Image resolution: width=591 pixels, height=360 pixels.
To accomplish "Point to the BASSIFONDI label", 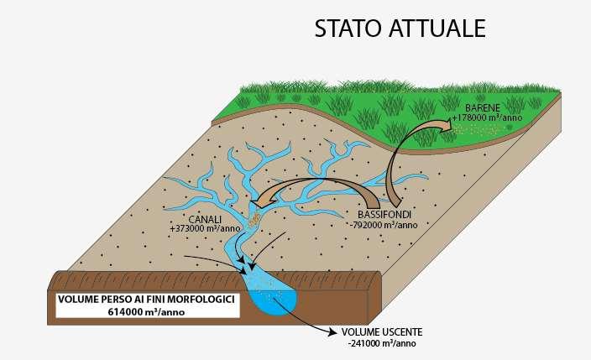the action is pyautogui.click(x=380, y=215).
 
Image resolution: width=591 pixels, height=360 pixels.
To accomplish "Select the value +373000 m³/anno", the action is pyautogui.click(x=205, y=228).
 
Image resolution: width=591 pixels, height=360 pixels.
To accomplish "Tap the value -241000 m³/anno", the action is pyautogui.click(x=381, y=343).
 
